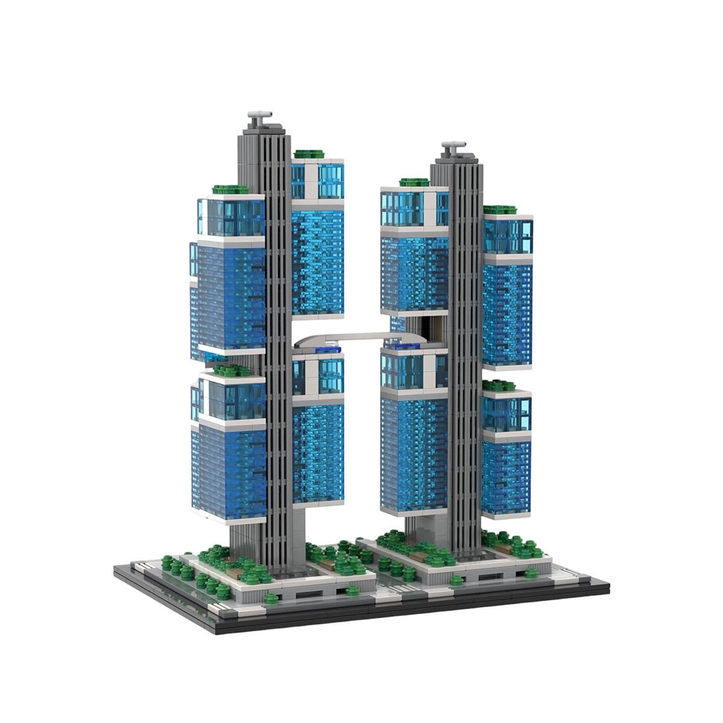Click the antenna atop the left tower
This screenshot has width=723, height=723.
[259, 118]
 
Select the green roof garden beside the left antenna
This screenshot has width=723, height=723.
[309, 154]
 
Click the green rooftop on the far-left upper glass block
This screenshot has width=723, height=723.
[231, 189]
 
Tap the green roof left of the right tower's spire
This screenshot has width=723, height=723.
[413, 182]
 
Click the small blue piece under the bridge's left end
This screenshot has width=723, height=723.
[324, 351]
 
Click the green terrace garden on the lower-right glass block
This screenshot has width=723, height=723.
[498, 385]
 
